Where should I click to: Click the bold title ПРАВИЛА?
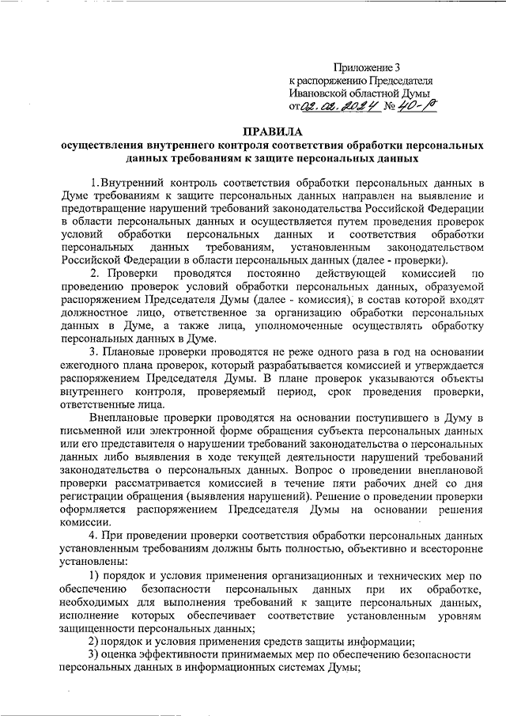pyautogui.click(x=273, y=131)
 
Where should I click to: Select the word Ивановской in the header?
pyautogui.click(x=320, y=93)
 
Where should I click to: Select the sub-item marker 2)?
pyautogui.click(x=93, y=642)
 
